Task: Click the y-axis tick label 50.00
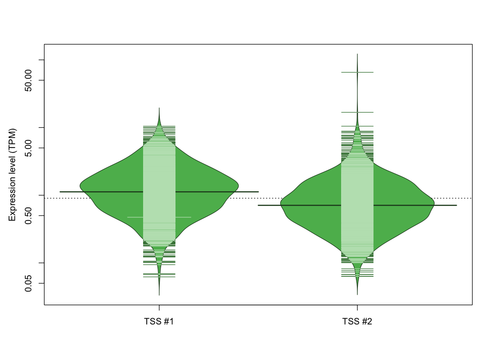pos(28,80)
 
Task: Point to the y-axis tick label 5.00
pos(28,148)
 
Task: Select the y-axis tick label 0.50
pos(28,216)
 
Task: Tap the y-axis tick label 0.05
pos(28,283)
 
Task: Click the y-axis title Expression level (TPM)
pos(12,175)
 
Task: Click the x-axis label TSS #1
pos(159,321)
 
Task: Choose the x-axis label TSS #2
pos(357,321)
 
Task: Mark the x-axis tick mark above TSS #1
pos(159,308)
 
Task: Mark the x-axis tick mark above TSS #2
pos(357,308)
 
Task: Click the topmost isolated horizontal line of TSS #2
pos(357,72)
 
